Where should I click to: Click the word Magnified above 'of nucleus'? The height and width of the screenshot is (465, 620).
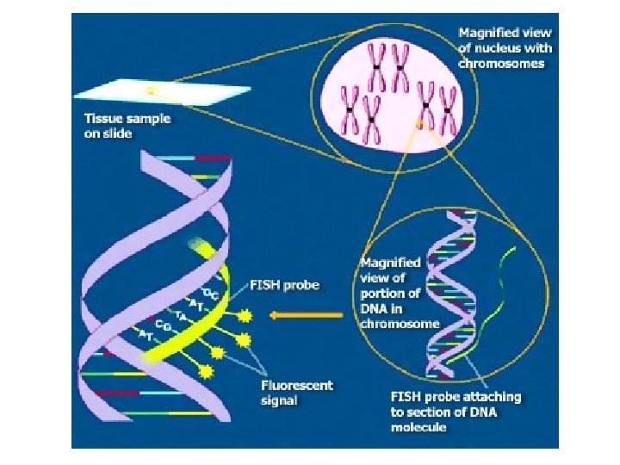487,33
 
